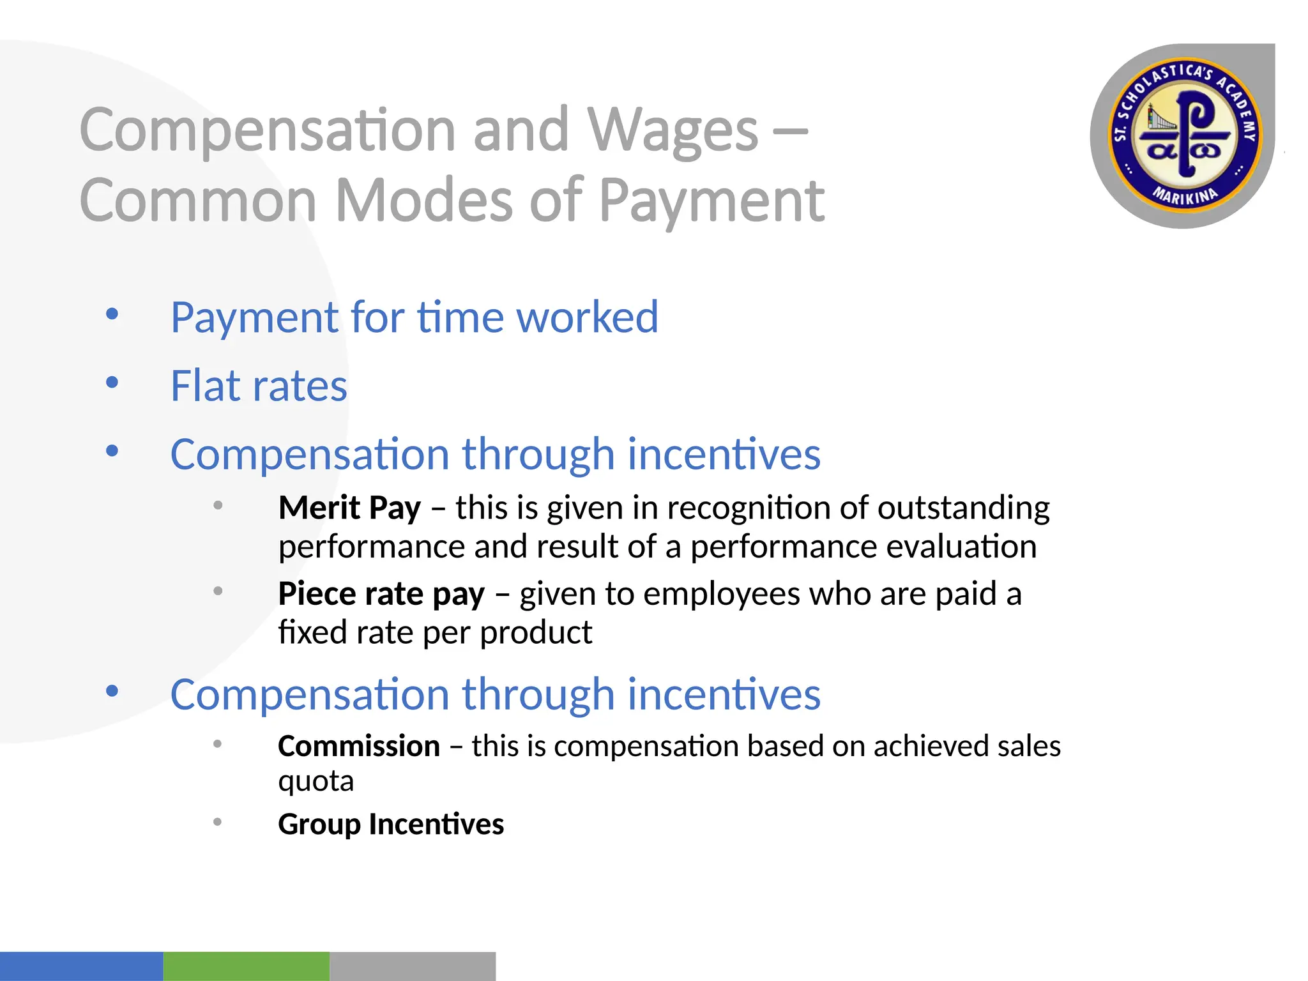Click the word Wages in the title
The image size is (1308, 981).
(x=673, y=131)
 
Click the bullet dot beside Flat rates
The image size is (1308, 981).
(x=112, y=383)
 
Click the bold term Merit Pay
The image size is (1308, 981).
(x=349, y=508)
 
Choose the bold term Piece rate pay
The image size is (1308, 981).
(x=381, y=594)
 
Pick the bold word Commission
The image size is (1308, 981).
(x=359, y=746)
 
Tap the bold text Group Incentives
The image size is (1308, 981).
(x=391, y=824)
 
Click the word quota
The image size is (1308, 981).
(x=316, y=782)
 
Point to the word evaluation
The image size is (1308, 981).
(x=959, y=547)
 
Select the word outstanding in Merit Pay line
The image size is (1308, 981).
(x=963, y=508)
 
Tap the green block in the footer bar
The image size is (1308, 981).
(x=246, y=966)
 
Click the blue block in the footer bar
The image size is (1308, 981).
(x=81, y=966)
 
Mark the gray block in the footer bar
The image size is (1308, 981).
(x=412, y=966)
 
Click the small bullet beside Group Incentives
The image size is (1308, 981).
(x=218, y=822)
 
